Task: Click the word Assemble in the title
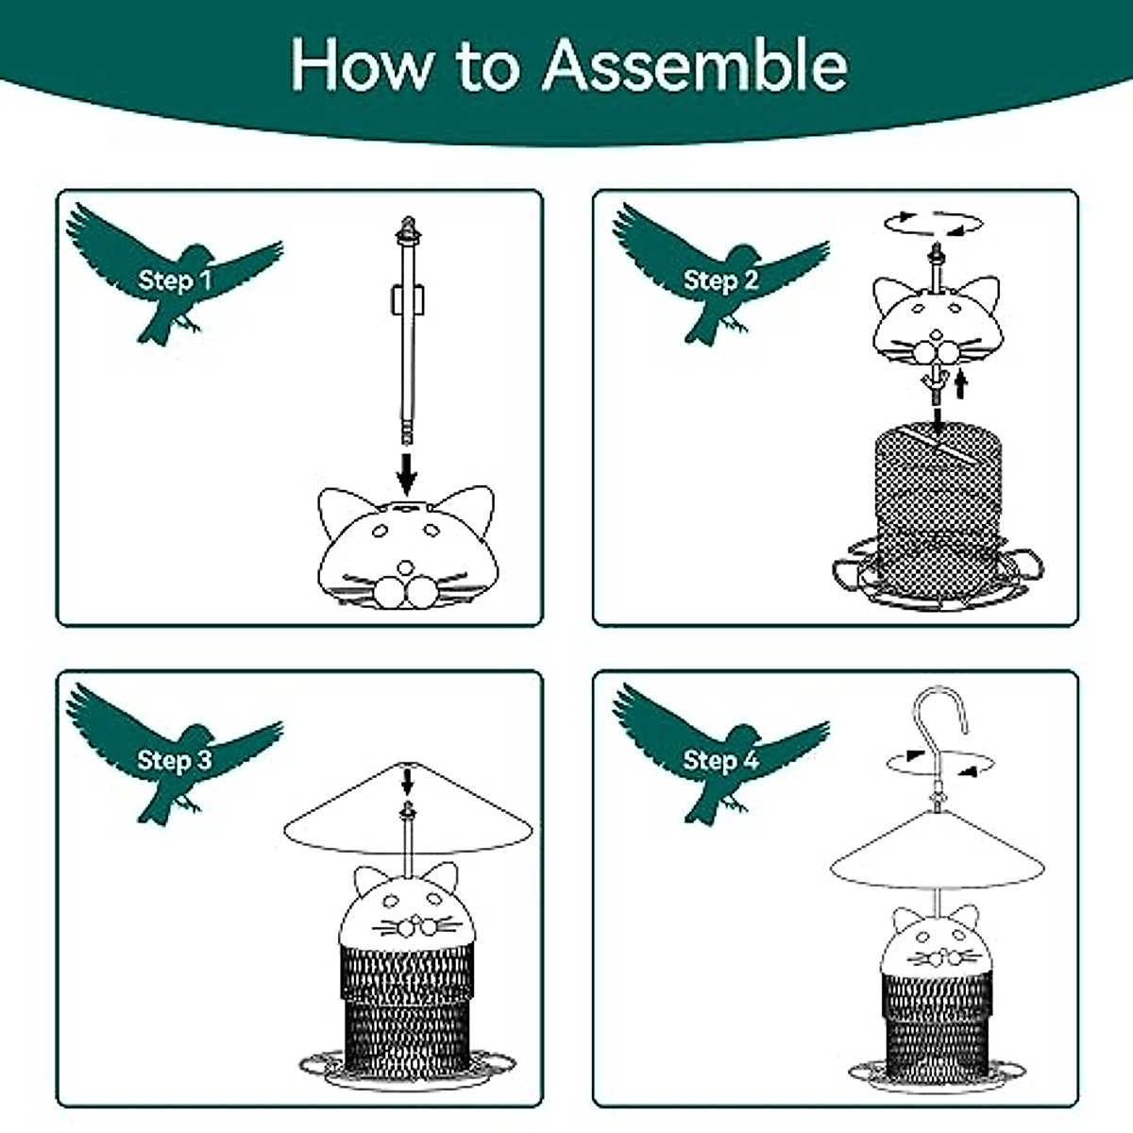695,66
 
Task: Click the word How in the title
360,66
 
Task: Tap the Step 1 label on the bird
176,279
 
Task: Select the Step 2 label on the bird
720,280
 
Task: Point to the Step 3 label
175,760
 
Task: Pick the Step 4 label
720,760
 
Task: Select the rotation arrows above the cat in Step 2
933,225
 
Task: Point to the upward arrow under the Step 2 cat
961,383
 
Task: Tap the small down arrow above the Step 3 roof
408,781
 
